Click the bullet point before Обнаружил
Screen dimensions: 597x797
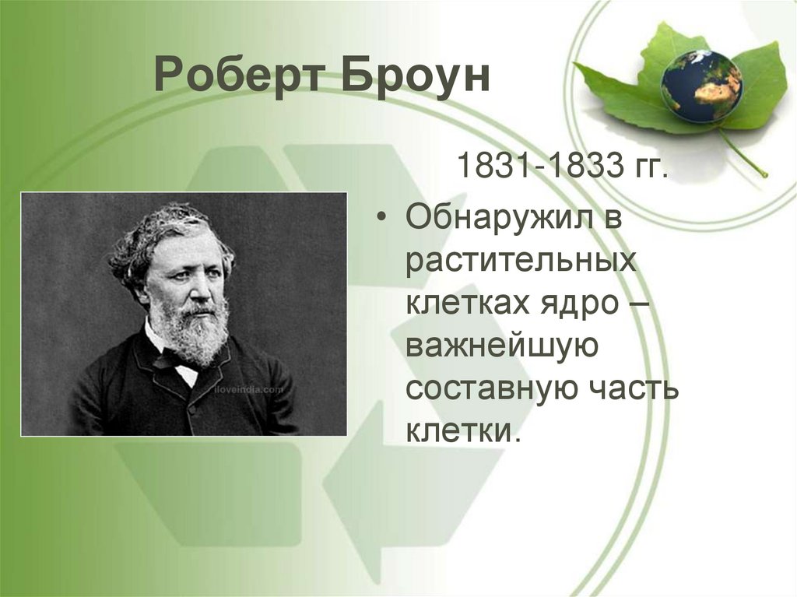click(380, 219)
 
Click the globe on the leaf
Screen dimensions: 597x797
click(701, 85)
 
